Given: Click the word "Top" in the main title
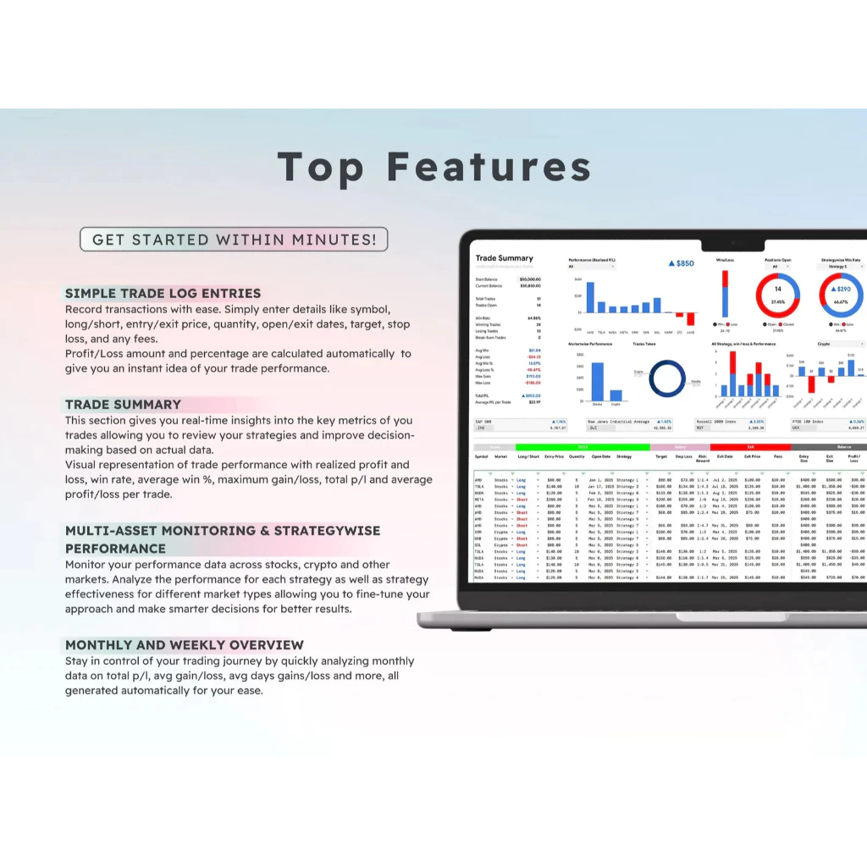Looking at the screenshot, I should [x=320, y=168].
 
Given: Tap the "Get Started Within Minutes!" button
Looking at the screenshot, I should [x=234, y=240].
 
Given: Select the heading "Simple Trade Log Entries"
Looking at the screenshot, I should [x=163, y=294].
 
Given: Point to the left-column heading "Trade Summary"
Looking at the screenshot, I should [x=124, y=405].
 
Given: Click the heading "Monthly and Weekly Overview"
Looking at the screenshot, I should [x=185, y=645].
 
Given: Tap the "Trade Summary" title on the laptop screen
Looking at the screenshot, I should [x=505, y=258].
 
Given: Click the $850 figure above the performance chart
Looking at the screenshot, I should [x=681, y=263].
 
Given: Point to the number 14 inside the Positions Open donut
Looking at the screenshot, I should [x=777, y=290].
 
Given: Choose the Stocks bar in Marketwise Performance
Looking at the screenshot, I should [x=598, y=382].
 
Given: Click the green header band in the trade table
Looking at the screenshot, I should [x=582, y=447].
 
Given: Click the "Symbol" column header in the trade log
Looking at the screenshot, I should [x=481, y=456].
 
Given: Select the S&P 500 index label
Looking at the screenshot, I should [x=486, y=421].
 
